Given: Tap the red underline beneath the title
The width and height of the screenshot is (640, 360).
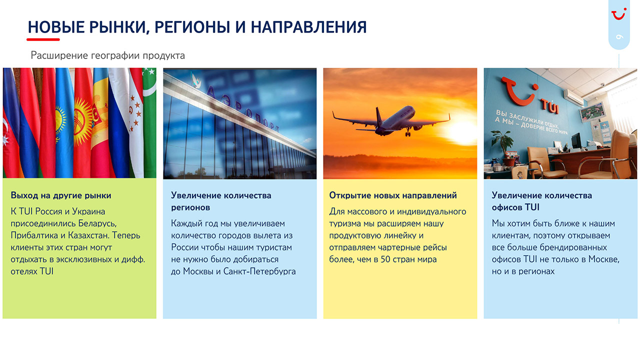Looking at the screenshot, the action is (x=43, y=39).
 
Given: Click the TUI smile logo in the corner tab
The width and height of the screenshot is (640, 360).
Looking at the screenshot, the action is (x=619, y=13).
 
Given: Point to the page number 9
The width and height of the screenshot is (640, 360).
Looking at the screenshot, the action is (x=619, y=37).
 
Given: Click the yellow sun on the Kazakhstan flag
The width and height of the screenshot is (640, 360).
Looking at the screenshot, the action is (x=60, y=120).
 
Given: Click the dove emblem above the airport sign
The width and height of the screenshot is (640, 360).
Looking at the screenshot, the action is (x=196, y=80).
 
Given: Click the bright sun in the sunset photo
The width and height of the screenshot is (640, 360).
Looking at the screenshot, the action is (x=460, y=132).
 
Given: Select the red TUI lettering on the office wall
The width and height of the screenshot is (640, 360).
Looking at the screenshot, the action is (x=549, y=106).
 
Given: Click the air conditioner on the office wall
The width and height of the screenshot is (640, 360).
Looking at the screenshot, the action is (x=573, y=97).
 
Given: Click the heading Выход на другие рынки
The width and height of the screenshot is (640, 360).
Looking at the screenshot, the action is (x=61, y=195).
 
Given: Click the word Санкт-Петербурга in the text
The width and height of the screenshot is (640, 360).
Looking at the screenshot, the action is (x=259, y=271).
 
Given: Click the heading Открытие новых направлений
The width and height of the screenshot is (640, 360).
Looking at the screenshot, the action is (x=393, y=195).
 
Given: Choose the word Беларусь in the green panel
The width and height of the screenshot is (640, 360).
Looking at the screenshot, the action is (x=97, y=223).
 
